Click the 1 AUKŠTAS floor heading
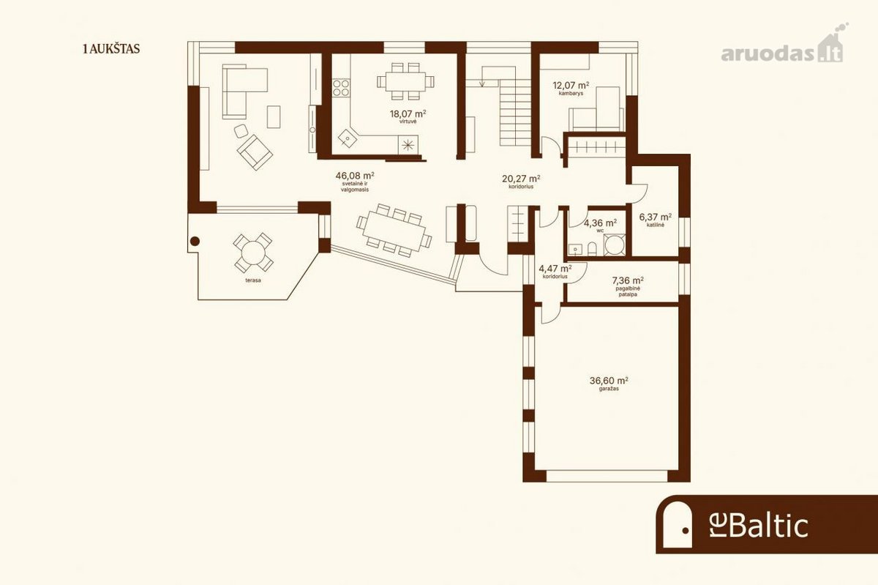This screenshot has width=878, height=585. pos(111,49)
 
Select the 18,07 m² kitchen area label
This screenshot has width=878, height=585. pos(408,116)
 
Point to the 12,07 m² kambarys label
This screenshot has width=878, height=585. pos(571,89)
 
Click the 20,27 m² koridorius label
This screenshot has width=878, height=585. pos(521,182)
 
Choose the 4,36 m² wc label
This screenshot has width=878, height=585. pos(600,226)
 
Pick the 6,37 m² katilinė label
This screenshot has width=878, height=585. pos(656,220)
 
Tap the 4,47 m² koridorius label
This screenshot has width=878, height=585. pos(555,272)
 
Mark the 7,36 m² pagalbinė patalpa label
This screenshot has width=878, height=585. pos(628,286)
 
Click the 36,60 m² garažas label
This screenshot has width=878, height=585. pos(609,384)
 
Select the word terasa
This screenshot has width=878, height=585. pos(253,280)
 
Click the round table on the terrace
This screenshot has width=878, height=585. pos(253,253)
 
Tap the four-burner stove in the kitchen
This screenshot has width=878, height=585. pos(341,88)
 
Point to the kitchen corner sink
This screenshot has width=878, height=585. pos(348,138)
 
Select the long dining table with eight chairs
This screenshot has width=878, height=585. pos(394,231)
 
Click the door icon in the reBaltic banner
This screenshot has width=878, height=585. pos(678,525)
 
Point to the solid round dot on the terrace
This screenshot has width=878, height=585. pos(195,242)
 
